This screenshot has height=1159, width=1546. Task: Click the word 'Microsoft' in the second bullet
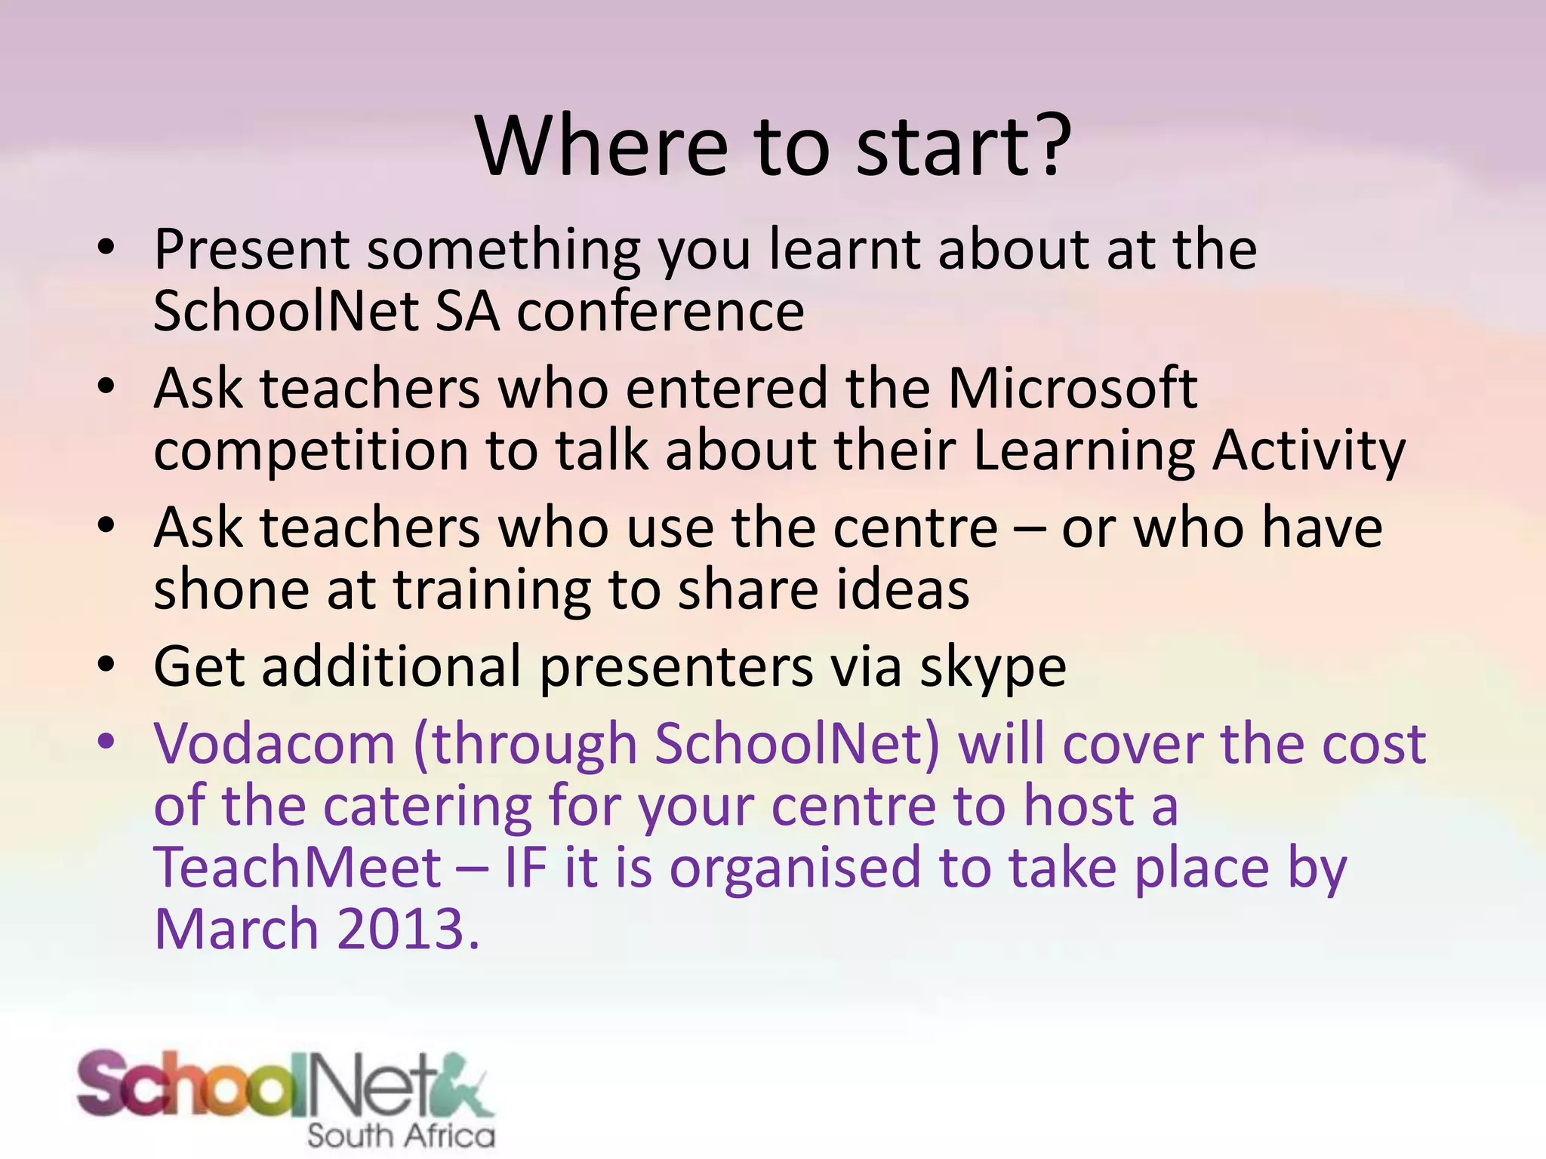1072,388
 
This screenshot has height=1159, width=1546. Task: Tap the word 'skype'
992,669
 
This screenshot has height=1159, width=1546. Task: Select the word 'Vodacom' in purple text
275,744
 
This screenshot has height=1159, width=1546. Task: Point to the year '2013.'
408,930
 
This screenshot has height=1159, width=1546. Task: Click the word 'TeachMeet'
297,868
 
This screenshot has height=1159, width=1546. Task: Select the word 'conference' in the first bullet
660,311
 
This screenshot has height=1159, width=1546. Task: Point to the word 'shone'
231,590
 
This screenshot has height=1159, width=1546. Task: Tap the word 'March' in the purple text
236,930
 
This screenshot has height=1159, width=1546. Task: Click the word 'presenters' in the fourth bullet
676,669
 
